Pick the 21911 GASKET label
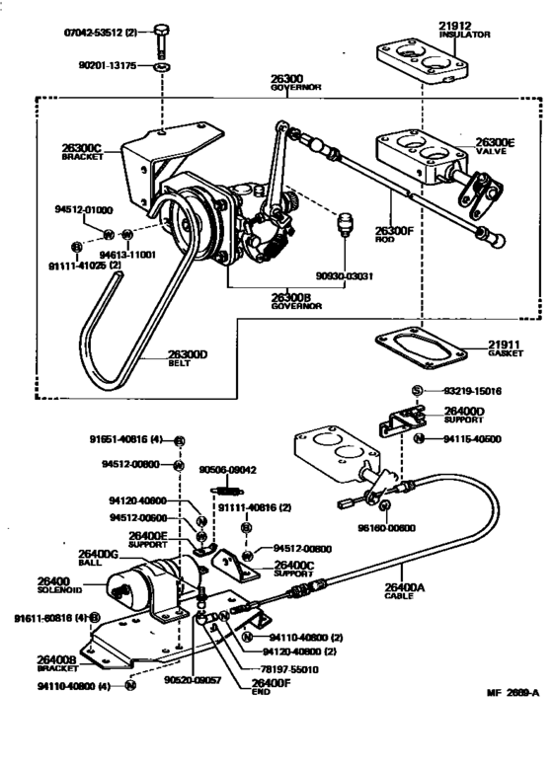click(504, 347)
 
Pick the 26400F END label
click(271, 686)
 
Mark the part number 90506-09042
click(228, 470)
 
